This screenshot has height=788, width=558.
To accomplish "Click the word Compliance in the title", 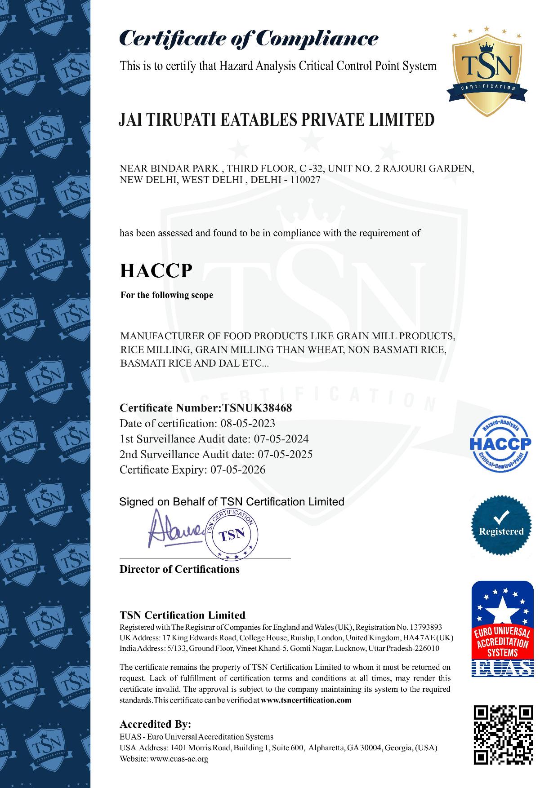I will coord(317,38).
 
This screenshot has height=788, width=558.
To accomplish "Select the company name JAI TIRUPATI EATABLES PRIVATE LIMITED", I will coord(277,120).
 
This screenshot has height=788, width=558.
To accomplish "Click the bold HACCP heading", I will coord(156,270).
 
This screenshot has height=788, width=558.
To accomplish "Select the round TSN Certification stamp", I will coord(232,535).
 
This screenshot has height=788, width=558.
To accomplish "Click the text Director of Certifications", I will coord(179,570).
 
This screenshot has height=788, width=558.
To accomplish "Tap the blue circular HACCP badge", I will coord(500,444).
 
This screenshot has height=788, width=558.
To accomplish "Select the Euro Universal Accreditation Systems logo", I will coord(502,629).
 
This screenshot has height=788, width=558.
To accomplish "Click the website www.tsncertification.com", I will coord(306,700).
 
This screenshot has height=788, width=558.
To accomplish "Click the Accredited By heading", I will coord(155,724).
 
